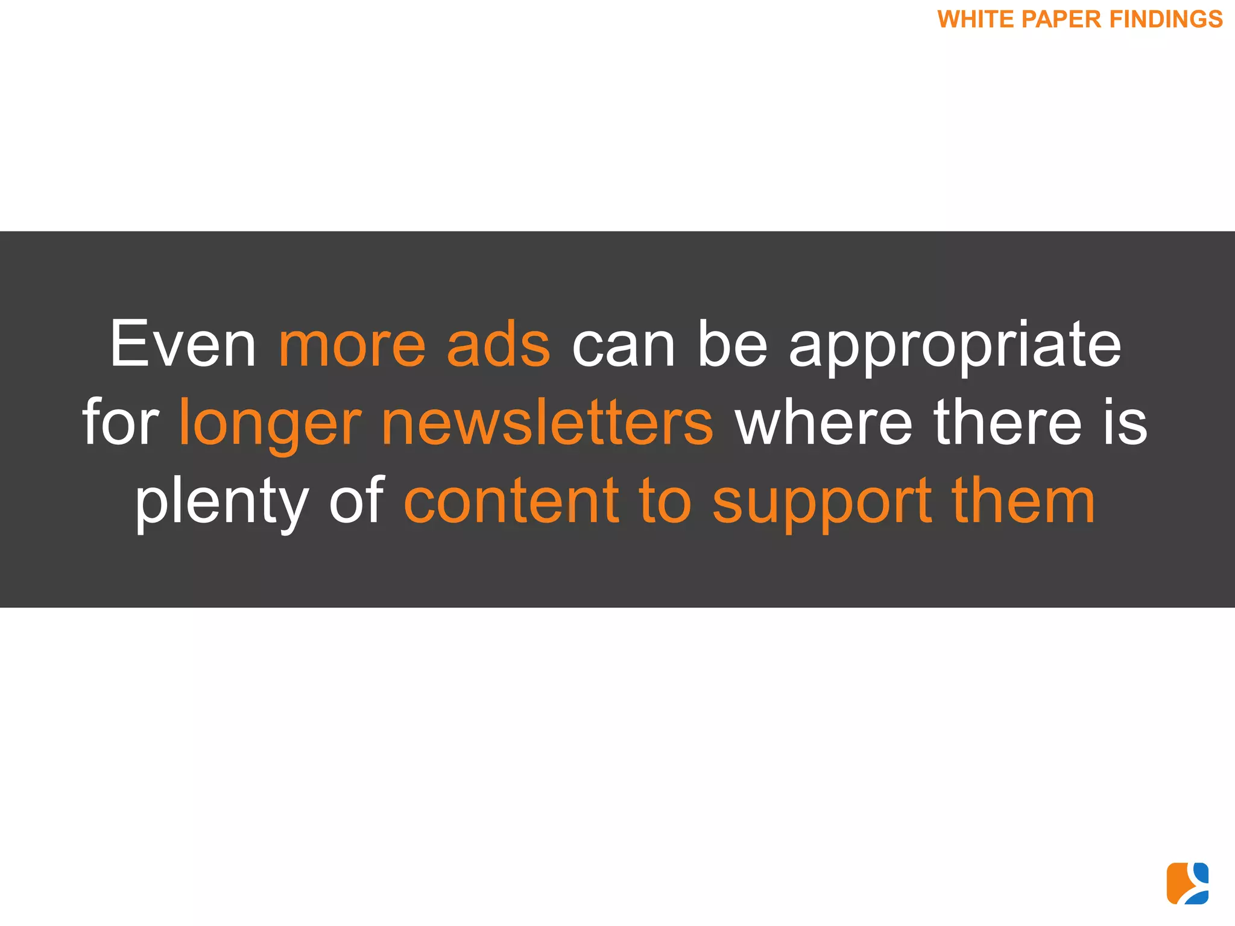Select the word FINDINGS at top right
(x=1166, y=19)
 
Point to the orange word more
(x=352, y=345)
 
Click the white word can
(x=623, y=345)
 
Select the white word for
(x=121, y=422)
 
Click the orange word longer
(x=270, y=425)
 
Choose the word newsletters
(x=547, y=422)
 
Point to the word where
(x=824, y=422)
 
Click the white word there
(x=1008, y=422)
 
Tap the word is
(x=1125, y=422)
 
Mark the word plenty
(x=221, y=503)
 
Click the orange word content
(x=511, y=500)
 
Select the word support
(x=822, y=503)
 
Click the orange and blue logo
(x=1187, y=883)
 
